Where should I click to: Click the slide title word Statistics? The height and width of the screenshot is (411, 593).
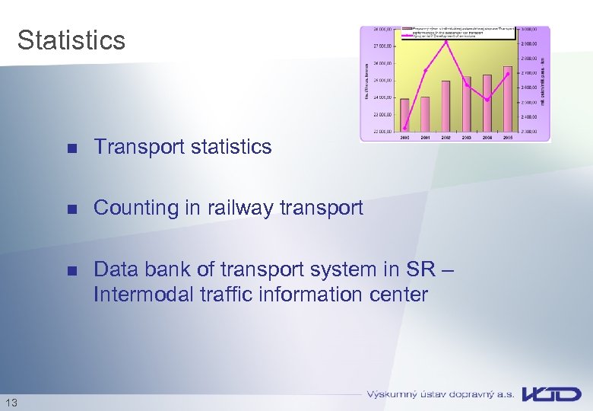[71, 40]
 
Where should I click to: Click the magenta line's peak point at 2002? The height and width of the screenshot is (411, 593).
[446, 42]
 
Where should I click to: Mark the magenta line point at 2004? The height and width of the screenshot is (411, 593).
[487, 100]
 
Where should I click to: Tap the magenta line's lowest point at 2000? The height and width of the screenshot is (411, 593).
[405, 128]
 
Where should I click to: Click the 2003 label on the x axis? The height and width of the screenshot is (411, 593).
[466, 137]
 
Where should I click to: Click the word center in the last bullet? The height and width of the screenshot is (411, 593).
[397, 295]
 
